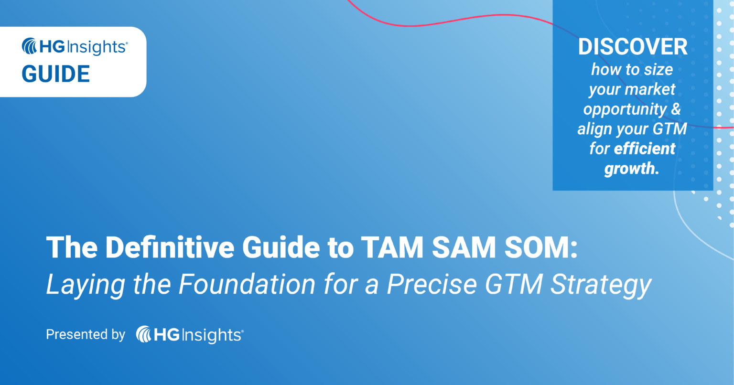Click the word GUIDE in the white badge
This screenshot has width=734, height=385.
tap(56, 75)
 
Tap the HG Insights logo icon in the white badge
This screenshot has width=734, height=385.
tap(30, 46)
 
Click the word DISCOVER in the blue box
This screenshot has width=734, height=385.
tap(633, 47)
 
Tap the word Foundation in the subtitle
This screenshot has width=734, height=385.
tap(247, 284)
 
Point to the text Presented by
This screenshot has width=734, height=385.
tap(86, 334)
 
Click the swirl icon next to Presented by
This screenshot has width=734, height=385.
tap(144, 334)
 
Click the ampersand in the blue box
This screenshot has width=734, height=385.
tap(676, 109)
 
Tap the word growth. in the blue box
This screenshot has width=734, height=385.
tap(631, 169)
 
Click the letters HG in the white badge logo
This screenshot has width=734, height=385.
tap(50, 46)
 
